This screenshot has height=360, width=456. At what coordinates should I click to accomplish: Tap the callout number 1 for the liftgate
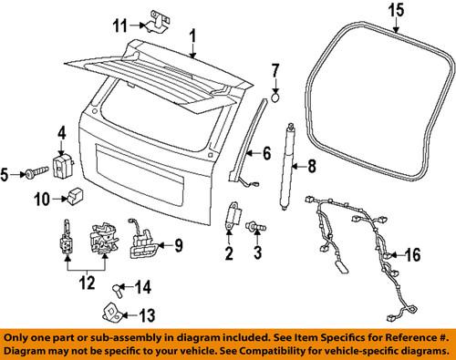(192, 36)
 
